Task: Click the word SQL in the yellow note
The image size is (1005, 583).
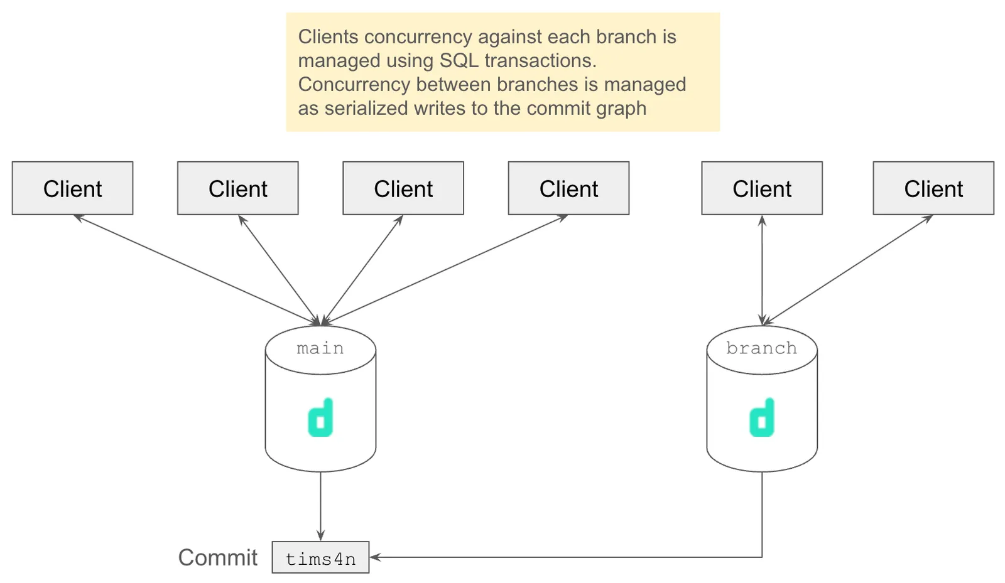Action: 459,61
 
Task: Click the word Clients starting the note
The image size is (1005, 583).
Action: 328,37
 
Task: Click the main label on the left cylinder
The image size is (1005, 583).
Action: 320,348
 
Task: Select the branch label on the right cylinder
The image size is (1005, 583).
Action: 761,348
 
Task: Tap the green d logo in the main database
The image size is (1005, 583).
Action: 320,418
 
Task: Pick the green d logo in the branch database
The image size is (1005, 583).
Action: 762,418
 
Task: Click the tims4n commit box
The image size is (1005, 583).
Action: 320,558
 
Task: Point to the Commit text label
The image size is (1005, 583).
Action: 217,557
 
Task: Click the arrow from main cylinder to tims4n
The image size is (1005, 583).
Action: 320,505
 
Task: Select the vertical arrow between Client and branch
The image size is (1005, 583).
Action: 762,270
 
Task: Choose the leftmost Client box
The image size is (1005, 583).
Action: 72,188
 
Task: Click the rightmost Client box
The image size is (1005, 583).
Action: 933,188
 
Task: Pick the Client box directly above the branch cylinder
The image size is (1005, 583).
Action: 762,188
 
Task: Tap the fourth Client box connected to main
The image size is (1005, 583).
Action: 568,188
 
